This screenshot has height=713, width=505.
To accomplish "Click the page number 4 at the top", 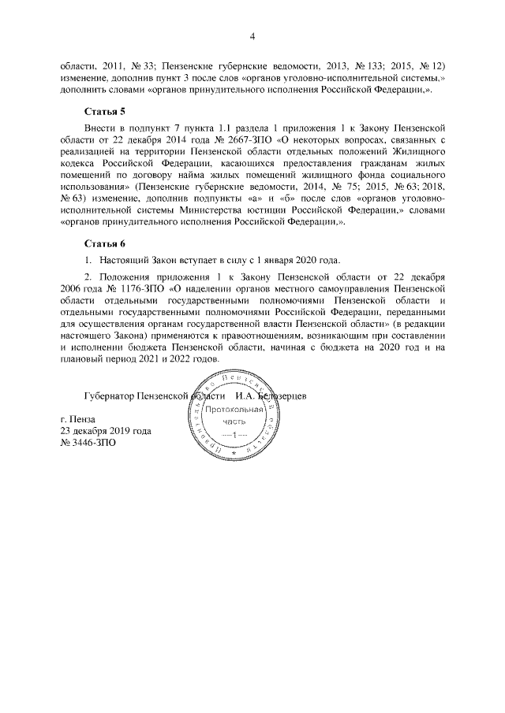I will click(252, 35).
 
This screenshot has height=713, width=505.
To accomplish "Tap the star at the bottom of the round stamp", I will click(234, 455).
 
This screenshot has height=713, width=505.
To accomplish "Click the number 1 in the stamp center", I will click(234, 436).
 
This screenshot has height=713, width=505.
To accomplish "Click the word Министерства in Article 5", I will click(223, 211).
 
